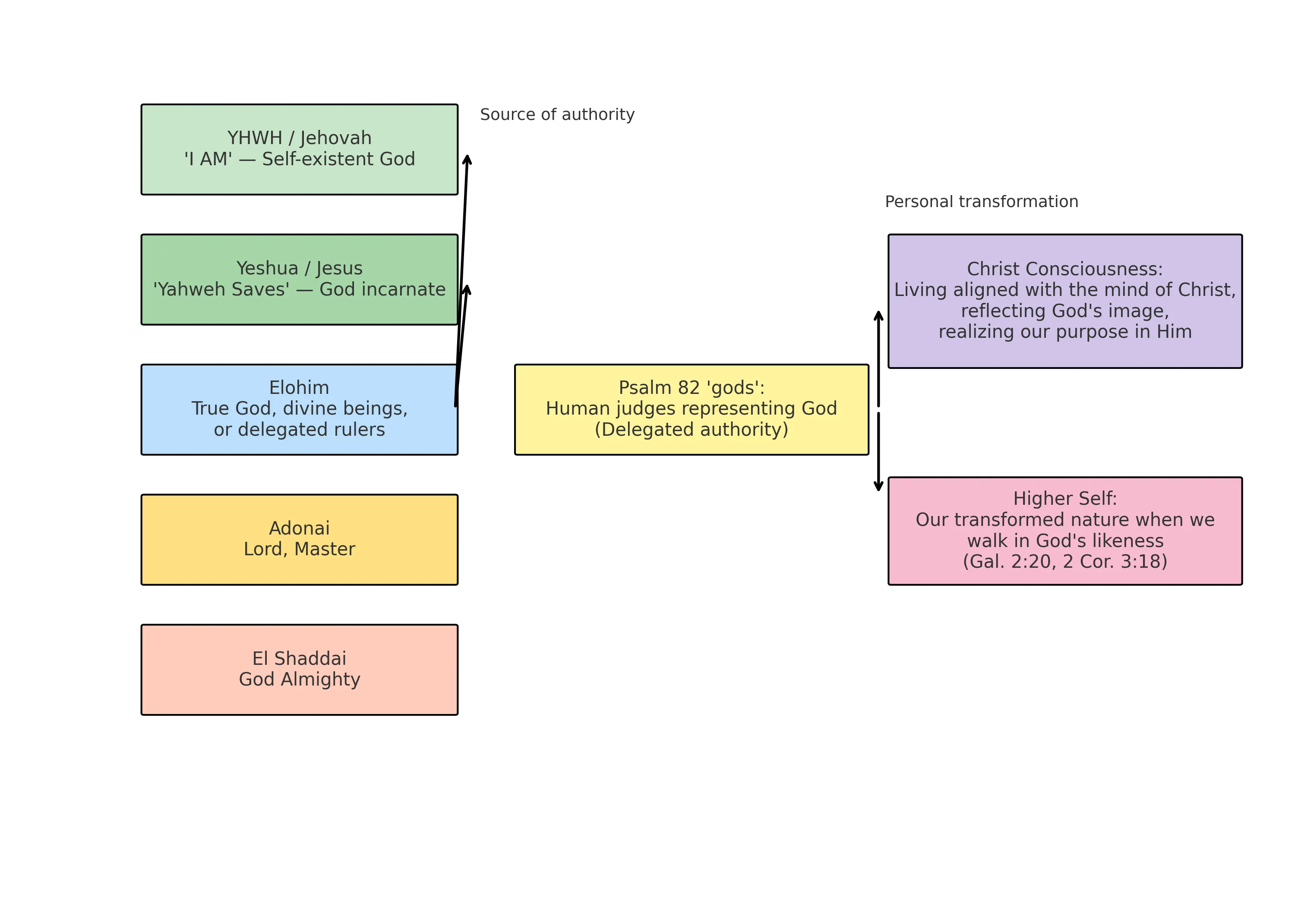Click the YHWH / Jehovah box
[x=299, y=149]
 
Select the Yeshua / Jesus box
[x=299, y=280]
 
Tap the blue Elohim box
[x=299, y=409]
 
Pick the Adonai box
[x=299, y=540]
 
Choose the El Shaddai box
[x=299, y=670]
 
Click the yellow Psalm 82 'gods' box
[x=691, y=409]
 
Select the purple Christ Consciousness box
[x=1065, y=301]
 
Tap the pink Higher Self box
[x=1065, y=531]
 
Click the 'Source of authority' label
[x=557, y=114]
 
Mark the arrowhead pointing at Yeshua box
[x=467, y=290]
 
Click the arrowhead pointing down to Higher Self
[x=878, y=486]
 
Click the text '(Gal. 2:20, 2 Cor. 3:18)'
[x=1065, y=562]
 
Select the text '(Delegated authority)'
[x=691, y=430]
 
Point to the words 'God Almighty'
[x=299, y=679]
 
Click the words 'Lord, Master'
[x=299, y=549]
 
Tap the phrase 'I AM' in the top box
[x=208, y=160]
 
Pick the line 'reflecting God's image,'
[x=1065, y=311]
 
